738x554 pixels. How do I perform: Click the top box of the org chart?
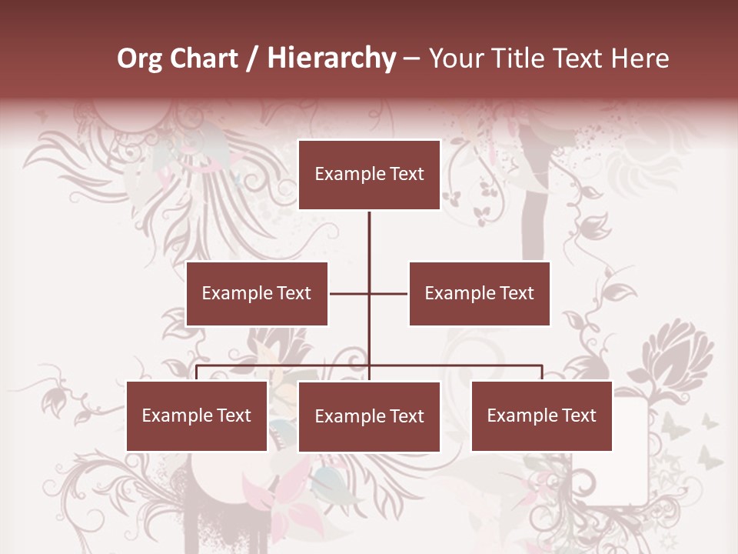(x=369, y=175)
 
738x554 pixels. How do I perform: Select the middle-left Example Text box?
(x=257, y=293)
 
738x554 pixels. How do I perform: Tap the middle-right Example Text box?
(x=479, y=293)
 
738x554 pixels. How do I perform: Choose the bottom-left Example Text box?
(x=197, y=415)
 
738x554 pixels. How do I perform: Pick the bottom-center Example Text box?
(x=369, y=416)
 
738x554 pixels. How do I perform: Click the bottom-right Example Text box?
(x=541, y=415)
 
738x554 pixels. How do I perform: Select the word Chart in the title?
(x=202, y=58)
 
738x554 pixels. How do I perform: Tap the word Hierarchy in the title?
(x=331, y=58)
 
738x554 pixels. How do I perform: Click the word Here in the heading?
(x=640, y=58)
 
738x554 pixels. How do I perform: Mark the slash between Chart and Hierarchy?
(x=252, y=59)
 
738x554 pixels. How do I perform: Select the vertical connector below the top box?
(x=369, y=239)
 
